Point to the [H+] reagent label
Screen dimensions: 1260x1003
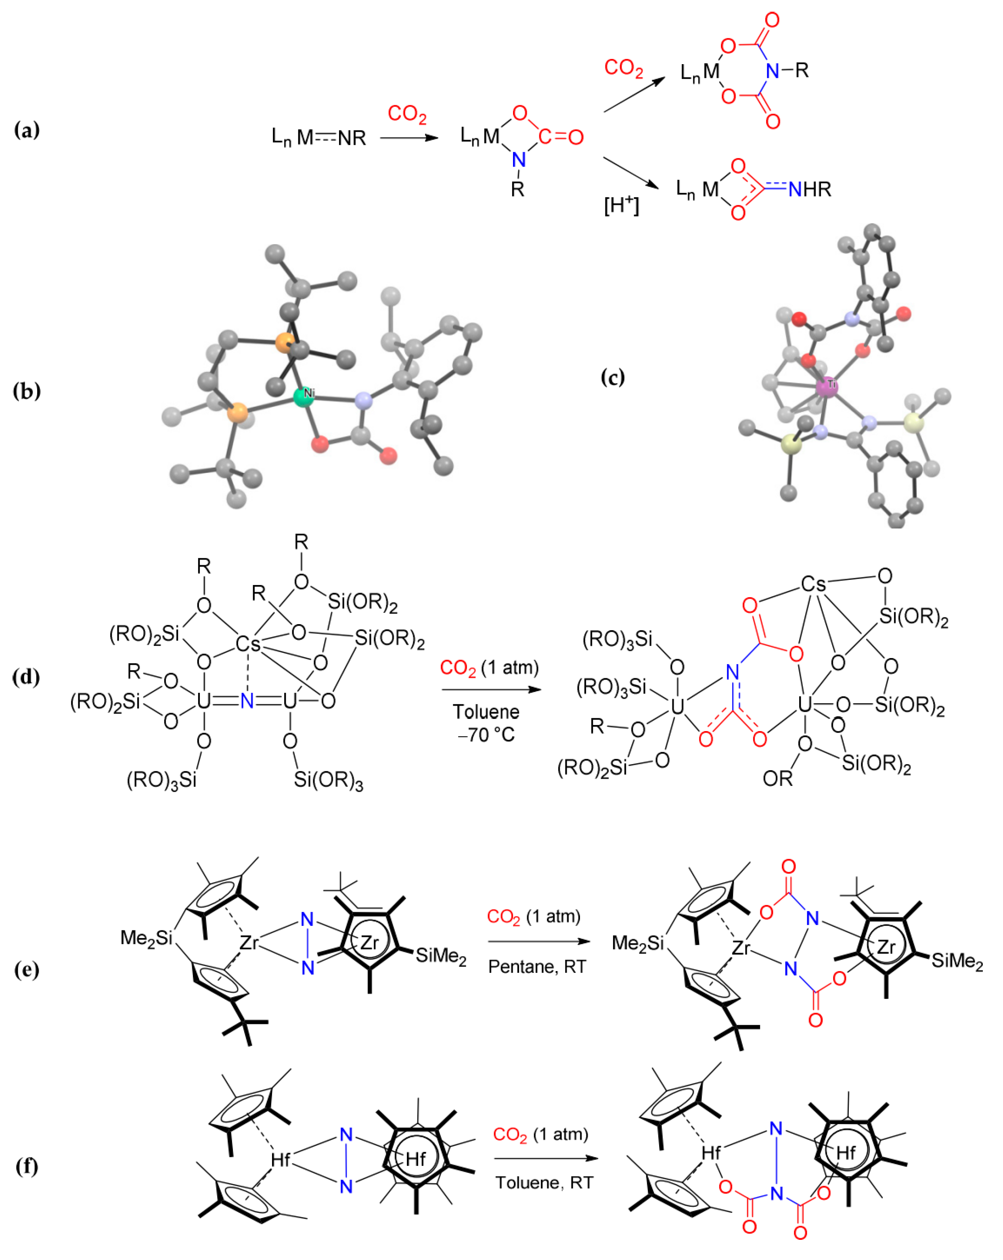pyautogui.click(x=621, y=205)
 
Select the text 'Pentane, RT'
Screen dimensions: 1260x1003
pyautogui.click(x=536, y=967)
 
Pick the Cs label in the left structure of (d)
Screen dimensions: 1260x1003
pyautogui.click(x=247, y=644)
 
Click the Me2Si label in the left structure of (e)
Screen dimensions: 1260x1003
pyautogui.click(x=146, y=937)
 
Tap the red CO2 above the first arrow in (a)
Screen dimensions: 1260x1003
pyautogui.click(x=407, y=114)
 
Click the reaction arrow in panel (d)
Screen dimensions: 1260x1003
pyautogui.click(x=491, y=690)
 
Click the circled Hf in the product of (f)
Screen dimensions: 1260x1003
pyautogui.click(x=846, y=1152)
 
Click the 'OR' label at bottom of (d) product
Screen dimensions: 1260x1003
pyautogui.click(x=777, y=778)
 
